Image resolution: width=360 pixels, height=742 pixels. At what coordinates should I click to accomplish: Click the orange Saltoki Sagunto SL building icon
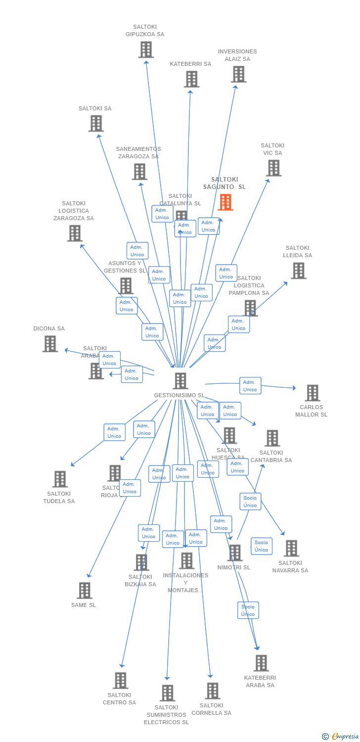pos(225,202)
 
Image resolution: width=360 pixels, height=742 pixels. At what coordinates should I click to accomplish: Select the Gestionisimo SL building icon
pos(180,380)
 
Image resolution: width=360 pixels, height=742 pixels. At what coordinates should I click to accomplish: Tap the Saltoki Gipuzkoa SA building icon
pos(146,49)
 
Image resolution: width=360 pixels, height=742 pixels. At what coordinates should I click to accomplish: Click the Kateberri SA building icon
pos(191,79)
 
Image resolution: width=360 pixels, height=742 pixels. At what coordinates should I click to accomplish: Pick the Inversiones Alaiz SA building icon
pos(238,74)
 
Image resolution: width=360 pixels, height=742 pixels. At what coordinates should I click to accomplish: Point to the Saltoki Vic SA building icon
pos(273,168)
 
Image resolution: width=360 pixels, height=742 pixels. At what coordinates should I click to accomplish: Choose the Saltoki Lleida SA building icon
pos(298,271)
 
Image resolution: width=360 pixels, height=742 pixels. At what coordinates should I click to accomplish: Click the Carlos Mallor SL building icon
pos(312,393)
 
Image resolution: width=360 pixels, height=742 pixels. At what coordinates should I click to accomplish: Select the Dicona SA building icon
pos(50,343)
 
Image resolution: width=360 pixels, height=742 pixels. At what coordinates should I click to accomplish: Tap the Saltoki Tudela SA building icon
pos(60,479)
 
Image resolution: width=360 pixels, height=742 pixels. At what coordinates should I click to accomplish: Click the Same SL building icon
pos(85,590)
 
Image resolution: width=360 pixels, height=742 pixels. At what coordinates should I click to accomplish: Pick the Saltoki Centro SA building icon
pos(120,680)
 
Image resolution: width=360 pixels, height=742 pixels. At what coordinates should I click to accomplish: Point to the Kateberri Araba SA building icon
pos(261,663)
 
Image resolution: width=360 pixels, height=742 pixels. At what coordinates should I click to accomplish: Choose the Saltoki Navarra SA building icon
pos(291,548)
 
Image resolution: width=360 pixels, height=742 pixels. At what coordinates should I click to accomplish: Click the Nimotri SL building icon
pos(234,553)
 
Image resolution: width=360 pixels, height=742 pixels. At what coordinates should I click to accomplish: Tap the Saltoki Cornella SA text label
pos(211,709)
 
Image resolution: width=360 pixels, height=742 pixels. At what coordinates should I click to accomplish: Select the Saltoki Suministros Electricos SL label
pos(166,715)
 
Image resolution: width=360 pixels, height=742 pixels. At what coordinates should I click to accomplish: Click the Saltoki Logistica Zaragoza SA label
pos(74,211)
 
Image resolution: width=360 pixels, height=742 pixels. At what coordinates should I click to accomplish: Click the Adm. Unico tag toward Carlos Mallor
pos(250,386)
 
